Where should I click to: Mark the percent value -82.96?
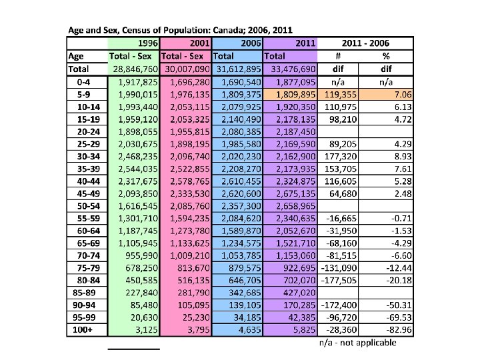396,330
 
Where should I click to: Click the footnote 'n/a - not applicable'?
357,343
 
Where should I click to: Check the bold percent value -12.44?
396,268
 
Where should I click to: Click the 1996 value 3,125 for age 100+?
146,330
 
